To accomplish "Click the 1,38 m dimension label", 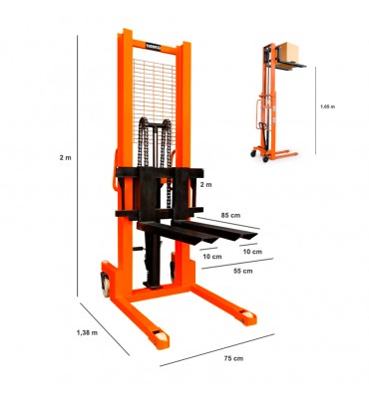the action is (x=87, y=332).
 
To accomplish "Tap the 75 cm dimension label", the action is (x=233, y=358).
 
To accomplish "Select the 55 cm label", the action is (x=243, y=271).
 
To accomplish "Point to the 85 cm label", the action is (x=230, y=215).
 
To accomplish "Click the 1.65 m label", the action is (x=328, y=106).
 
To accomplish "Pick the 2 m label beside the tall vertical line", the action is (x=66, y=157).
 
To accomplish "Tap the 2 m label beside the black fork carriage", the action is (x=206, y=185).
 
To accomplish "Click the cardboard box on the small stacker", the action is (x=288, y=52).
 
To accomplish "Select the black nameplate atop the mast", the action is (x=153, y=46).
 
